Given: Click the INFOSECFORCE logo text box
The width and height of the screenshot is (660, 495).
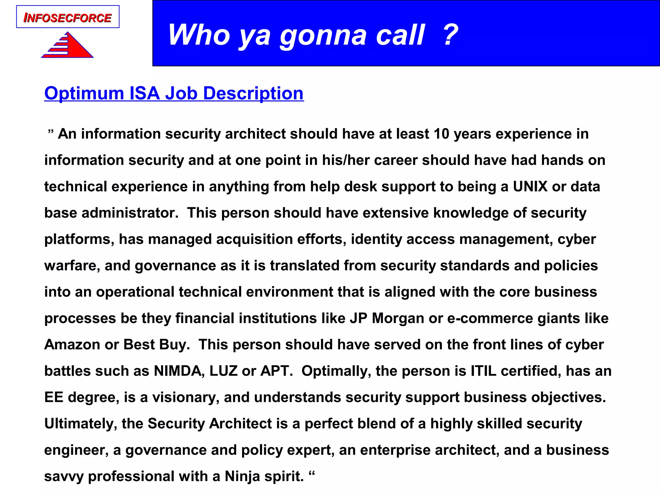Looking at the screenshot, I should click(x=68, y=17).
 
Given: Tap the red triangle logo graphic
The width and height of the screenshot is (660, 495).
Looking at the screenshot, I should click(x=68, y=46).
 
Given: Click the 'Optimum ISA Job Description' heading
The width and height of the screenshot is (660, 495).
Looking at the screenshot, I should click(x=174, y=93).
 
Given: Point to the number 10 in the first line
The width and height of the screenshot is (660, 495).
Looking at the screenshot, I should click(x=441, y=134).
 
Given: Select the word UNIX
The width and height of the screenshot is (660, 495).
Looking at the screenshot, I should click(x=530, y=187).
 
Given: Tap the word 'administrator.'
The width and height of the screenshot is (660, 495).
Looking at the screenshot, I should click(x=130, y=213).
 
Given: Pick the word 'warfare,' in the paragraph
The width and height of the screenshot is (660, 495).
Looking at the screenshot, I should click(x=72, y=266).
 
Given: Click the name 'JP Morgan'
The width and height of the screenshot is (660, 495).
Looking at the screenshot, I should click(x=387, y=318).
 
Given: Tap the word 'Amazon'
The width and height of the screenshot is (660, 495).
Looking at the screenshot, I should click(x=72, y=345).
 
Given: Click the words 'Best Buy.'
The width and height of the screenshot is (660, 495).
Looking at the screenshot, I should click(x=157, y=345).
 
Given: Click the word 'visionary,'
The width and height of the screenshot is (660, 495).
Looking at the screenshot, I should click(x=186, y=398).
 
